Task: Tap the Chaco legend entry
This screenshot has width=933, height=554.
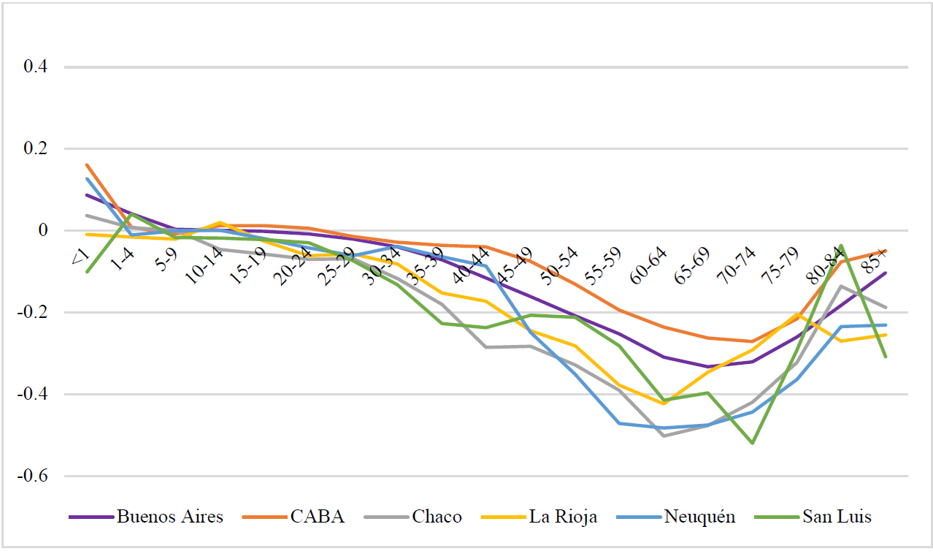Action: [x=437, y=517]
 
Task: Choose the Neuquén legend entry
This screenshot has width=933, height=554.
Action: [x=699, y=517]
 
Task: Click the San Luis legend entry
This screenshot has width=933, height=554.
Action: [x=837, y=517]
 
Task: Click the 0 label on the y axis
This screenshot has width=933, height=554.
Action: [x=43, y=231]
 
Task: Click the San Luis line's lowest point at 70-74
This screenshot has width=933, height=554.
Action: [x=752, y=443]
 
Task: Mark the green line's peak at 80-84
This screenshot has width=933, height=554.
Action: [x=841, y=246]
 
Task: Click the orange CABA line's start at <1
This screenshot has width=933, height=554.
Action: [x=86, y=165]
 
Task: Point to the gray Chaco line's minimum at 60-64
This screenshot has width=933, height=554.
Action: [x=664, y=436]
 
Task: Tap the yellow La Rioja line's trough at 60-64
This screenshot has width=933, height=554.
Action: [x=664, y=403]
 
